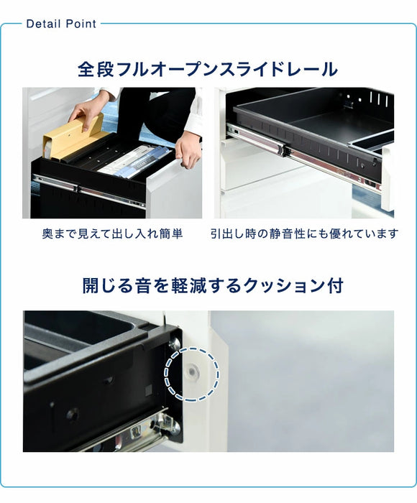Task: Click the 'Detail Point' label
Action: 61,24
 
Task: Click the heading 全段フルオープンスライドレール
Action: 208,70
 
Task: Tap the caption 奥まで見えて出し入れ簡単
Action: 112,234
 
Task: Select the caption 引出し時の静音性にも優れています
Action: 305,234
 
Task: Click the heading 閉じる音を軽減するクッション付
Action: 213,285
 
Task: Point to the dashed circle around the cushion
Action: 191,374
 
